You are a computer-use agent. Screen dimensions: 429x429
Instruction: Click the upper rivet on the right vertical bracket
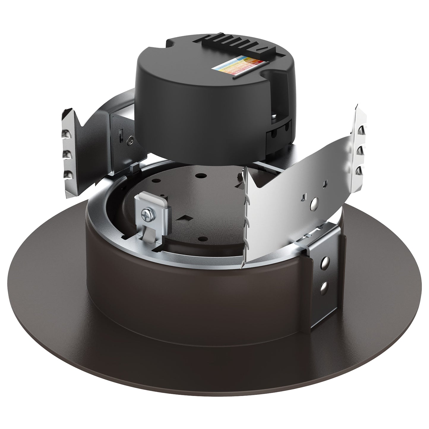tap(326, 262)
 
